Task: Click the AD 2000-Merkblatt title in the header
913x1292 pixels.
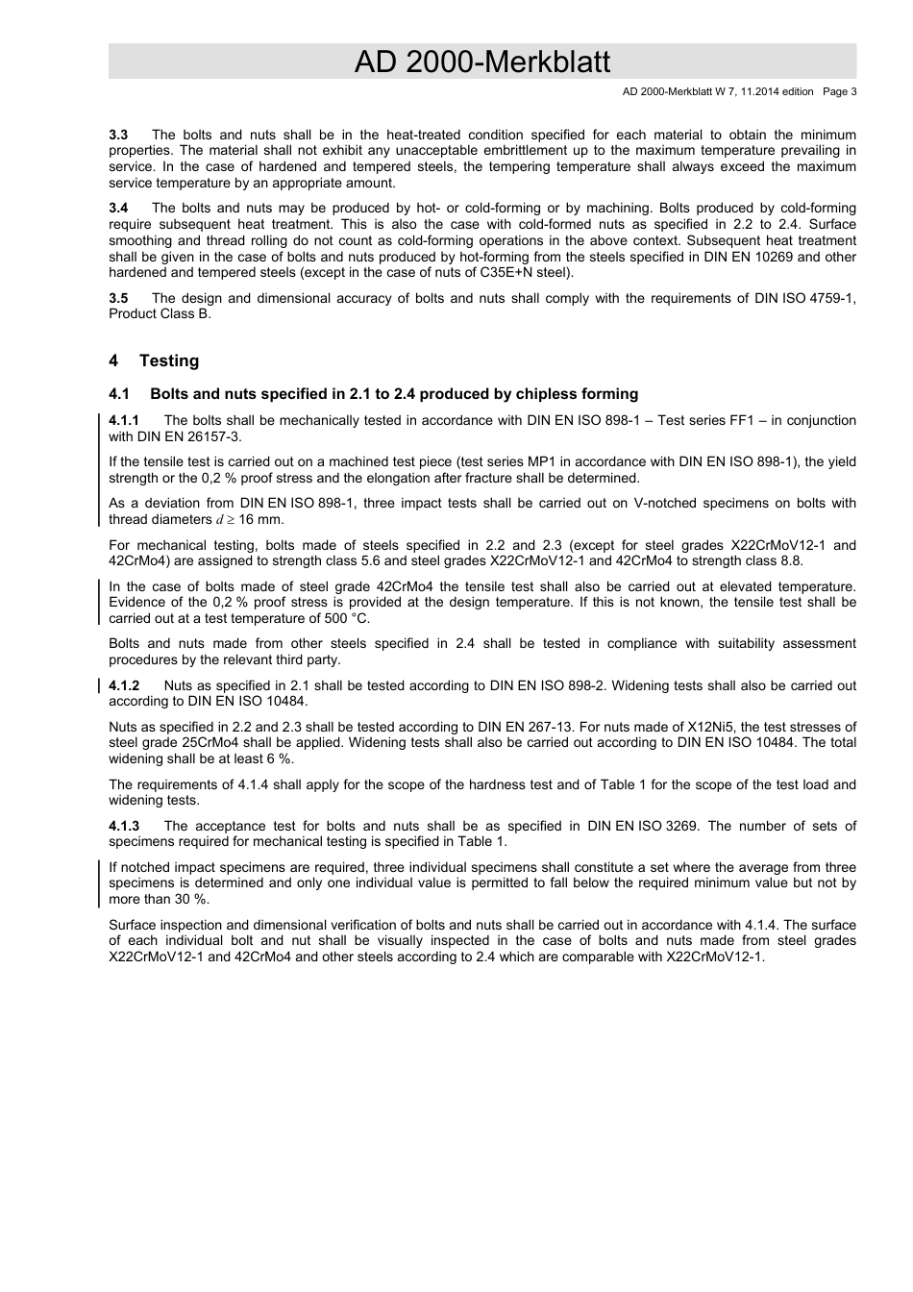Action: pyautogui.click(x=481, y=62)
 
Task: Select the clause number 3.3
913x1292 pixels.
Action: pyautogui.click(x=118, y=135)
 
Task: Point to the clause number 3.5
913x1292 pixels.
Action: pyautogui.click(x=118, y=298)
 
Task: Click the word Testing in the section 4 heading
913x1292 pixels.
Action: pyautogui.click(x=169, y=360)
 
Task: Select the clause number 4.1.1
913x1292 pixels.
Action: pyautogui.click(x=124, y=420)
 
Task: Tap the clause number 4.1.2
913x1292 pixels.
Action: pyautogui.click(x=124, y=685)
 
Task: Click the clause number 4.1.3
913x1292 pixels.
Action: pyautogui.click(x=124, y=826)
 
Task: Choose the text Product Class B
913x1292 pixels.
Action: pyautogui.click(x=160, y=313)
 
